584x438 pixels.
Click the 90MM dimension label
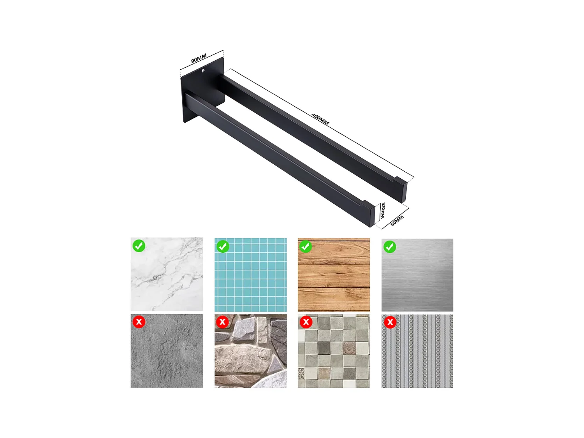coord(199,59)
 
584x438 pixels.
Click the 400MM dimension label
coord(320,119)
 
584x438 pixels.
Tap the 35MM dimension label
coord(383,211)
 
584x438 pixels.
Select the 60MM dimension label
coord(397,220)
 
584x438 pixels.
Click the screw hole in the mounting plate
coord(203,71)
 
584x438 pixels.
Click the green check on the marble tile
coord(139,246)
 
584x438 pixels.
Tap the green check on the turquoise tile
coord(223,246)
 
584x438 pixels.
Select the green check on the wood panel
coord(306,246)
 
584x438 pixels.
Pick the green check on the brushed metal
coord(390,247)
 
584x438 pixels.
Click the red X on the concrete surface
coord(139,322)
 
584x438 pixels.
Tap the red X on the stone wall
coord(222,322)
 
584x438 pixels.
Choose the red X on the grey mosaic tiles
coord(306,322)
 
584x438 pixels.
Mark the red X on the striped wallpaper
coord(390,322)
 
